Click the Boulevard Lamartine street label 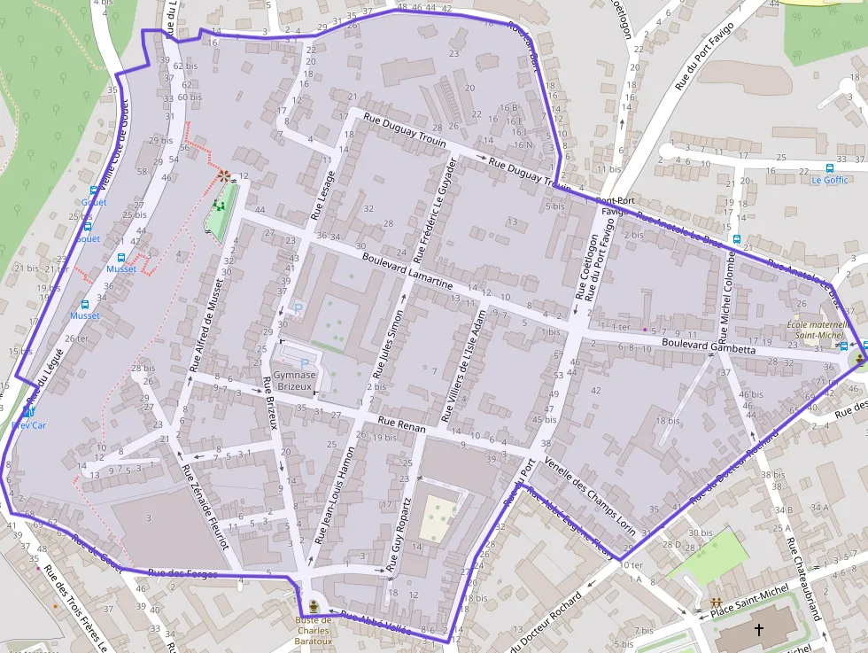point(407,271)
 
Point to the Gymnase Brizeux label point(295,381)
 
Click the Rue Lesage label point(322,195)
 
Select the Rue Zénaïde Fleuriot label point(205,506)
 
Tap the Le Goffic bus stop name point(829,180)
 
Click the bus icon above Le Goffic point(830,167)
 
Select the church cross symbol point(758,630)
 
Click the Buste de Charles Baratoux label point(314,630)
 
